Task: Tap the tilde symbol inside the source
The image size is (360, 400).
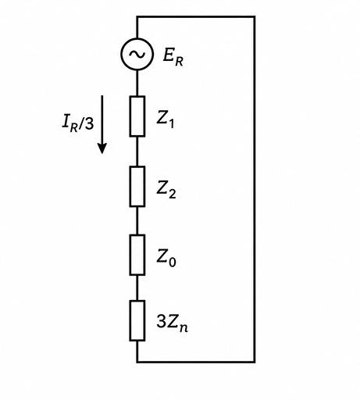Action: click(x=137, y=54)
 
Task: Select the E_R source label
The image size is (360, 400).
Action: click(x=173, y=58)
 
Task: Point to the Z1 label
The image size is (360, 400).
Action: click(x=166, y=120)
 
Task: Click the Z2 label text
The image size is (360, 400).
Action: click(x=166, y=190)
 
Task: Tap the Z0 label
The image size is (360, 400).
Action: click(x=166, y=258)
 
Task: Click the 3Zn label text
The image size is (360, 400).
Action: click(x=172, y=323)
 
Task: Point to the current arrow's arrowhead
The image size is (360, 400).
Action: click(x=102, y=148)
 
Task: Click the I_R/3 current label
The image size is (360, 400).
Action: click(x=78, y=123)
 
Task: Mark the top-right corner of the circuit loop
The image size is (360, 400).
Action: click(x=255, y=17)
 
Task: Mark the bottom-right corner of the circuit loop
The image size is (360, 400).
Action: click(x=255, y=362)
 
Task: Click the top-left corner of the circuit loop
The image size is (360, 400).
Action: click(x=137, y=17)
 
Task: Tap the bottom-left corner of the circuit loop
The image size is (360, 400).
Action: click(x=137, y=362)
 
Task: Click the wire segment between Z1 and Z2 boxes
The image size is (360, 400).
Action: click(x=137, y=152)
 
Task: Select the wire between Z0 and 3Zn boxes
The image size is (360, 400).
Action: click(x=137, y=287)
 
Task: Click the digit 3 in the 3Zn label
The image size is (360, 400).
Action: click(x=161, y=321)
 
